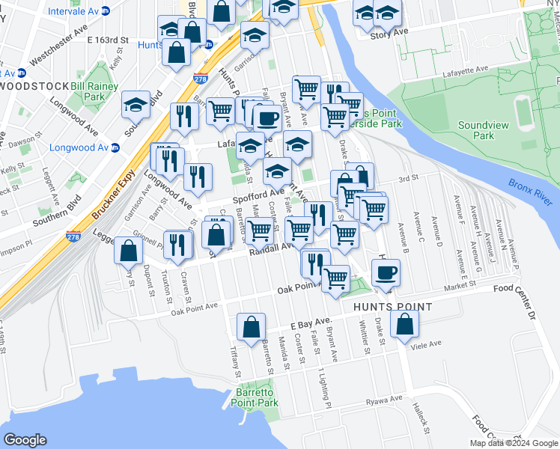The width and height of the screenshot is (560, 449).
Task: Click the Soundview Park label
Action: pos(476,131)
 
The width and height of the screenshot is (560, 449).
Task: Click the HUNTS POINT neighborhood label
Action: pos(398,307)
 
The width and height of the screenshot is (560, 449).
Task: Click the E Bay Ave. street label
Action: pos(310,325)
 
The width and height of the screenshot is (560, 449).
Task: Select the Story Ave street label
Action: pos(389,34)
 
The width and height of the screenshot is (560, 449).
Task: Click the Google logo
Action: pos(25,440)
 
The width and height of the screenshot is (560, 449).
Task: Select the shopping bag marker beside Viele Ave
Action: pos(404,326)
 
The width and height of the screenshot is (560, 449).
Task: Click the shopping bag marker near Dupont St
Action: pos(128,251)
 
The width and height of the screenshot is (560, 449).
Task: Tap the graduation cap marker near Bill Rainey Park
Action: pos(136,105)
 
